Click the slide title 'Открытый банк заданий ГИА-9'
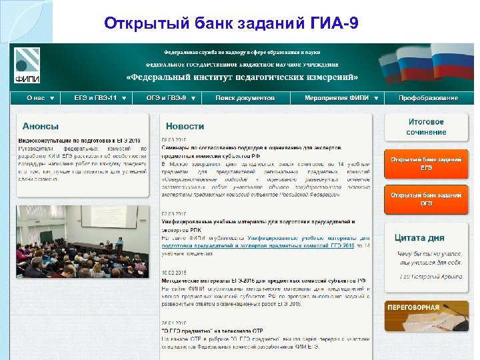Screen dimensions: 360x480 pyautogui.click(x=232, y=25)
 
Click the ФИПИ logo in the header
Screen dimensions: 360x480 pyautogui.click(x=27, y=65)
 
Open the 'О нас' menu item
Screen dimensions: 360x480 pyautogui.click(x=41, y=98)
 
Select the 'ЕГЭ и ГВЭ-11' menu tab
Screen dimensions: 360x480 pyautogui.click(x=100, y=98)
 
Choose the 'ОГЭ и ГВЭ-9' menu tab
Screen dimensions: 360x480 pyautogui.click(x=171, y=98)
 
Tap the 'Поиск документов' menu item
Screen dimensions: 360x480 pyautogui.click(x=245, y=98)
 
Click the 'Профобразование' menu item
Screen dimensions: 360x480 pyautogui.click(x=428, y=98)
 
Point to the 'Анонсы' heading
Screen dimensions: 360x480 pyautogui.click(x=41, y=126)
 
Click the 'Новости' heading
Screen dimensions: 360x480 pyautogui.click(x=185, y=126)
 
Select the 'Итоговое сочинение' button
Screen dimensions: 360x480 pyautogui.click(x=426, y=127)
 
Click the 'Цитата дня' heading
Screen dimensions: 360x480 pyautogui.click(x=419, y=237)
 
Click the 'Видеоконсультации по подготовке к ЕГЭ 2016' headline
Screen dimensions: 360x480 pyautogui.click(x=79, y=141)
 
